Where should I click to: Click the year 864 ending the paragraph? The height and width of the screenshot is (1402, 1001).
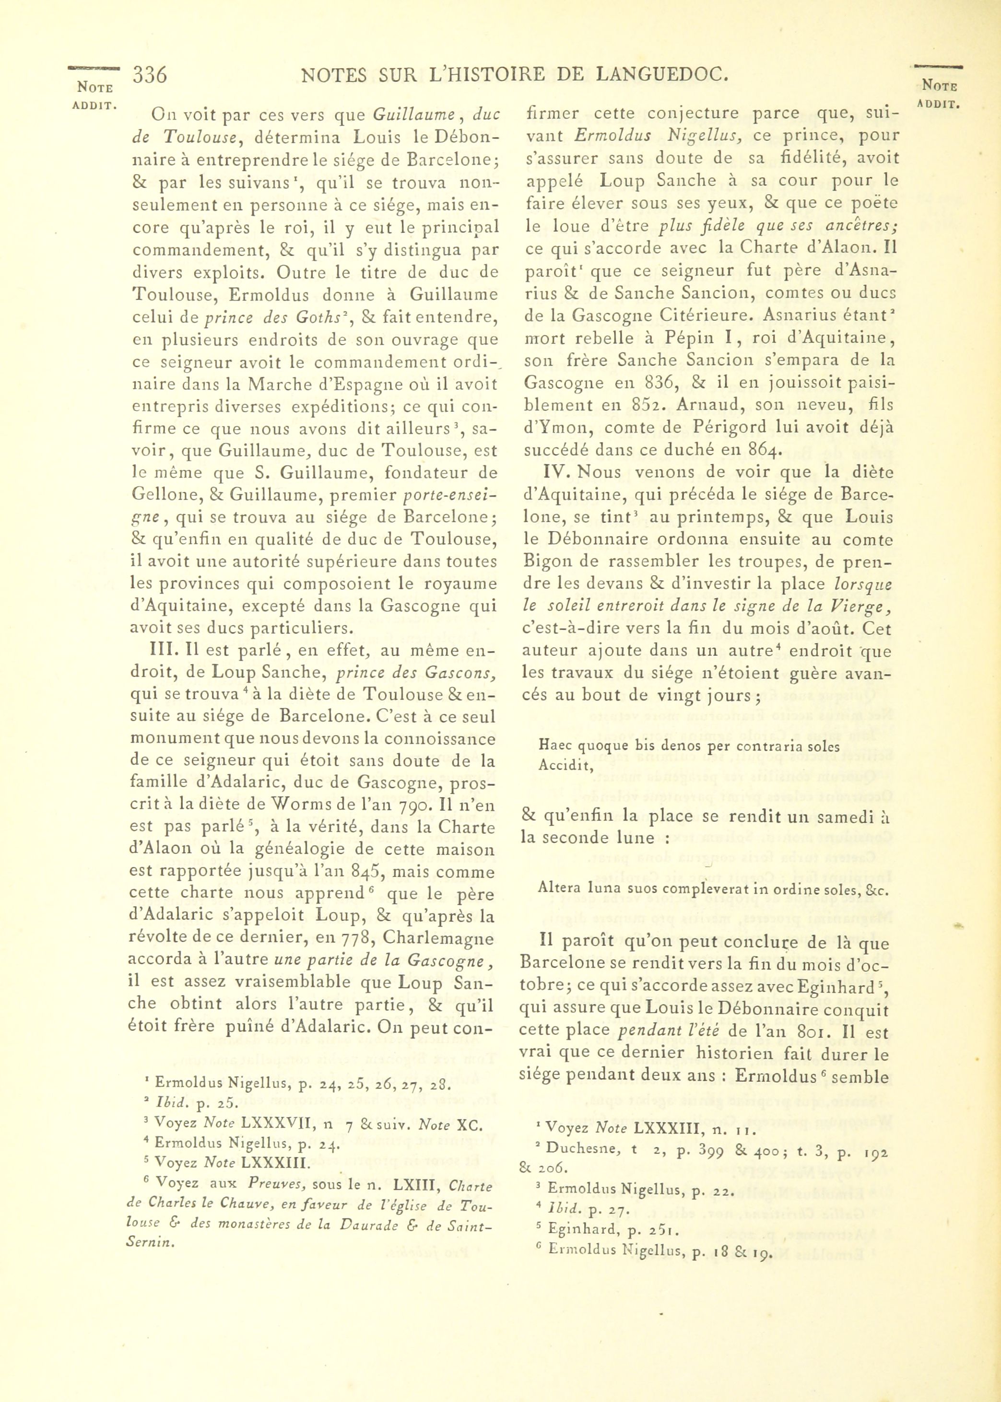tap(764, 450)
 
